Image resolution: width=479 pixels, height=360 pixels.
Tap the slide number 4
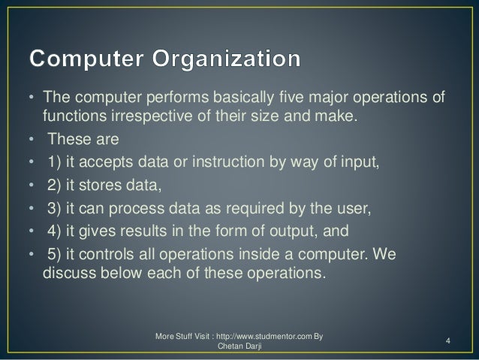pos(447,343)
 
